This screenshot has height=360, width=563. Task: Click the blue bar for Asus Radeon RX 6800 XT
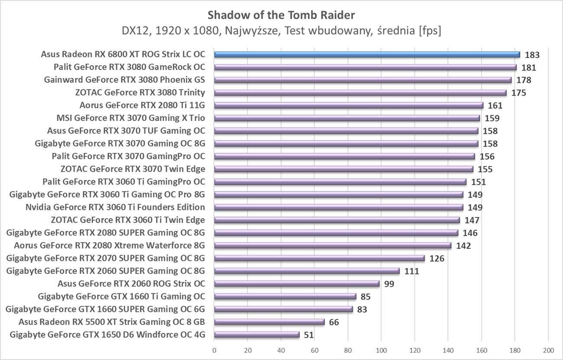[367, 55]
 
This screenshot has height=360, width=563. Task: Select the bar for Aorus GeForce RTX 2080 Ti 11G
[349, 105]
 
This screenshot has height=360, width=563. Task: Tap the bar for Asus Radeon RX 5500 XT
[269, 322]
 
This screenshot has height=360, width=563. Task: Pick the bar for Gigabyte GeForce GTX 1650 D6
[257, 334]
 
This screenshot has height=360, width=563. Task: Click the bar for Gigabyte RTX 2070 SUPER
[319, 258]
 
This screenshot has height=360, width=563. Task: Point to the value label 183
[533, 55]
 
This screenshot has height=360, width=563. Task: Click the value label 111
[411, 271]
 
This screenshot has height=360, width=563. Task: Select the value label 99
[389, 284]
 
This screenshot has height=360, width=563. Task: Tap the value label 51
[309, 335]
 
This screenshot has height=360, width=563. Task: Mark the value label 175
[519, 93]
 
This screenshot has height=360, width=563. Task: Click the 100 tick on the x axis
[381, 350]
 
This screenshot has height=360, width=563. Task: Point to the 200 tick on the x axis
[548, 350]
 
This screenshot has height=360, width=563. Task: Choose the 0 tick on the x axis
[214, 350]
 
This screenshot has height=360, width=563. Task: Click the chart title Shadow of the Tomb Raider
[281, 15]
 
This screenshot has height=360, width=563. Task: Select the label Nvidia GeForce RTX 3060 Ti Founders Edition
[115, 207]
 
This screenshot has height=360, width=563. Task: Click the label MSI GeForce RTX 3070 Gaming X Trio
[131, 118]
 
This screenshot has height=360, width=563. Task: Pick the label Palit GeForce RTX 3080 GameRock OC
[129, 67]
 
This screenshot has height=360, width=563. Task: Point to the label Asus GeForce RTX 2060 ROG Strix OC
[131, 284]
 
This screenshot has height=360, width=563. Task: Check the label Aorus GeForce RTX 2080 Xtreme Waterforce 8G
[110, 246]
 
